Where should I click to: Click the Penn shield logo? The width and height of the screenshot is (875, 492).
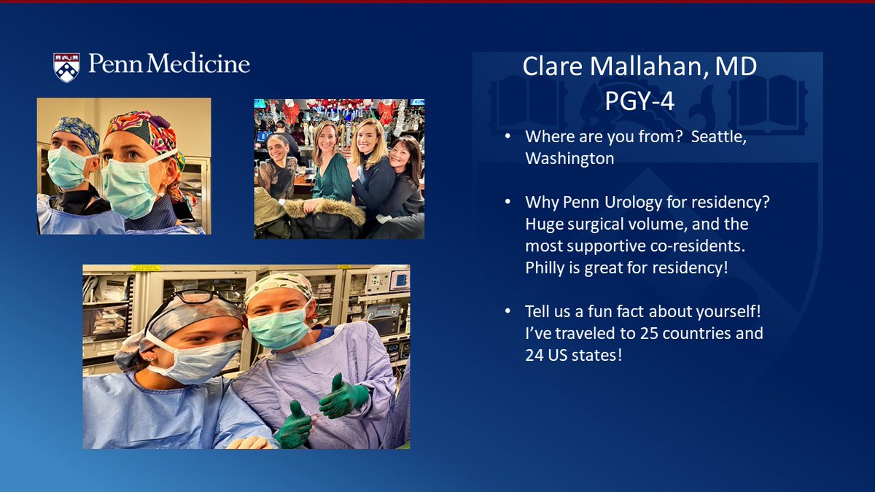[x=66, y=67]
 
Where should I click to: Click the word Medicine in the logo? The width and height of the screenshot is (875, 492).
[x=198, y=63]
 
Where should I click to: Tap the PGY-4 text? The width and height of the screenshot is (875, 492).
[x=639, y=101]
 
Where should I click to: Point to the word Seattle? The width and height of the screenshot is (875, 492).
[x=719, y=137]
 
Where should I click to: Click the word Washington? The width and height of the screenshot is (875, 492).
[x=569, y=159]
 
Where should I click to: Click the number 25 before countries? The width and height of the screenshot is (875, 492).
[x=649, y=333]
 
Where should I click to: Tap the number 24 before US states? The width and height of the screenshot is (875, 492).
[x=534, y=355]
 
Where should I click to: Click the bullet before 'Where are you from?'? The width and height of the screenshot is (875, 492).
[x=507, y=136]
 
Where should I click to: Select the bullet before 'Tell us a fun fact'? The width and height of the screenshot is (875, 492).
[x=507, y=311]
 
